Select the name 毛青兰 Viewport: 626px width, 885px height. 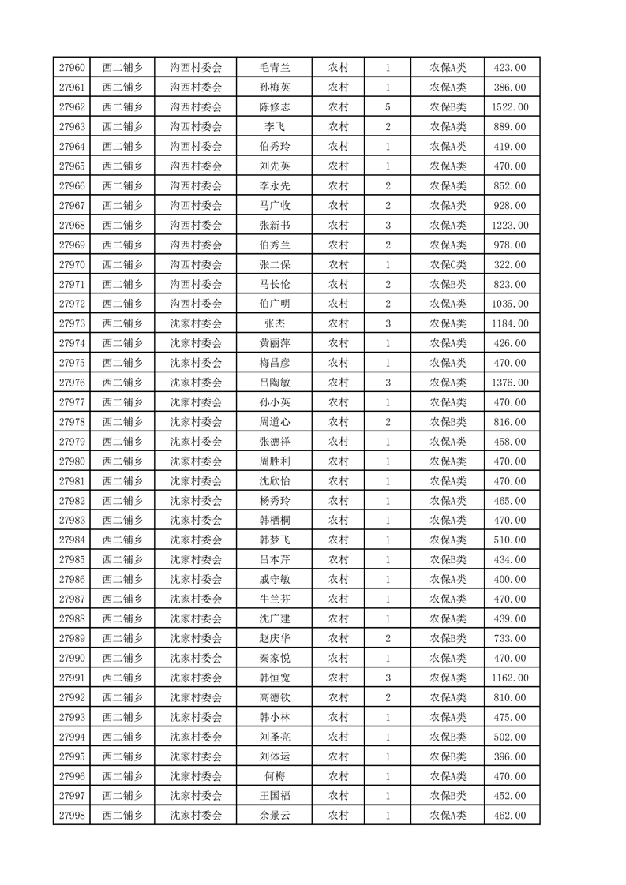tap(274, 68)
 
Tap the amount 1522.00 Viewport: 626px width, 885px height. tap(509, 107)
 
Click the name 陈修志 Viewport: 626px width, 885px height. tap(274, 107)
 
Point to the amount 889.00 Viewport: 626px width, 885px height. tap(509, 127)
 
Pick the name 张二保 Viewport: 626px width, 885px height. tap(274, 264)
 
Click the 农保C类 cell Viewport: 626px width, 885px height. tap(448, 264)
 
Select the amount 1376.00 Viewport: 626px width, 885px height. tap(509, 383)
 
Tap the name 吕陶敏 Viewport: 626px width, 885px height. tap(274, 383)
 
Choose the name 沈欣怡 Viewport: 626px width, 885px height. tap(274, 481)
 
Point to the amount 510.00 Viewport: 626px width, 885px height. tap(509, 540)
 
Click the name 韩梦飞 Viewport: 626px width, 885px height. tap(274, 540)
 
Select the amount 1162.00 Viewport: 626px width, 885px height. tap(509, 678)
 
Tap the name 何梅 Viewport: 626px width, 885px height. tap(274, 776)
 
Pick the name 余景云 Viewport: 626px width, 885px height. tap(274, 816)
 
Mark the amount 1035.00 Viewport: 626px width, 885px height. tap(509, 304)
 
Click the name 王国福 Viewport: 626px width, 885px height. tap(274, 796)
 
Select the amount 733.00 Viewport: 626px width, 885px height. tap(509, 638)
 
